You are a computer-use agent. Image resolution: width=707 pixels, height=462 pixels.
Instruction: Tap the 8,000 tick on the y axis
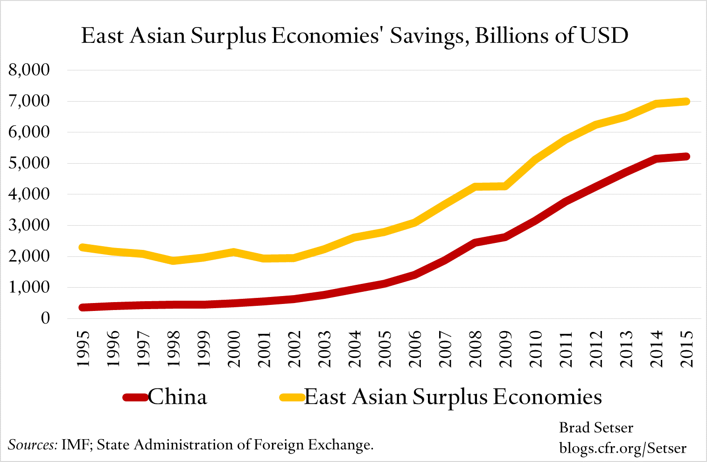pyautogui.click(x=29, y=70)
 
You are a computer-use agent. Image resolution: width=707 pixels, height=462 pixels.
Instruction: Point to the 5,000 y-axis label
pyautogui.click(x=29, y=163)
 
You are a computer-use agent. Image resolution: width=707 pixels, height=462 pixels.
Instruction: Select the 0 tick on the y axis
pyautogui.click(x=45, y=318)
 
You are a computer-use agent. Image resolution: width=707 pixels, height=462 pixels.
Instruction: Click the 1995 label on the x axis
pyautogui.click(x=84, y=349)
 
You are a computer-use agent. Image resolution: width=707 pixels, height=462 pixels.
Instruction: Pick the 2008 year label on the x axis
pyautogui.click(x=476, y=349)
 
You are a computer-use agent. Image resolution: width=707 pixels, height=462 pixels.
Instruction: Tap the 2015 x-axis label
pyautogui.click(x=686, y=349)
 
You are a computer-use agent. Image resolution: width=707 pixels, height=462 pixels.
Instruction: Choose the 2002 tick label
pyautogui.click(x=294, y=349)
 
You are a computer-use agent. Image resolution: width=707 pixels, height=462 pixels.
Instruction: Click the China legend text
pyautogui.click(x=177, y=397)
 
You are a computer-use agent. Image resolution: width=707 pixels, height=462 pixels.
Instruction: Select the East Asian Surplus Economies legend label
pyautogui.click(x=453, y=397)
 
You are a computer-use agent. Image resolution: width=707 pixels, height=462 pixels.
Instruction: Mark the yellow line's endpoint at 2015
pyautogui.click(x=686, y=101)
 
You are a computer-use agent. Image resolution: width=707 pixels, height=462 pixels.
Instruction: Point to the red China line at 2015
pyautogui.click(x=686, y=157)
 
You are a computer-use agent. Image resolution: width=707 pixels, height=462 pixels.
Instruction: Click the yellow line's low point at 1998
pyautogui.click(x=174, y=261)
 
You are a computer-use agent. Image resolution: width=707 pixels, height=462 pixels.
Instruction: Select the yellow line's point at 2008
pyautogui.click(x=476, y=187)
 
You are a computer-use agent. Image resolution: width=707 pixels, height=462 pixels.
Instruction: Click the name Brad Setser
pyautogui.click(x=596, y=428)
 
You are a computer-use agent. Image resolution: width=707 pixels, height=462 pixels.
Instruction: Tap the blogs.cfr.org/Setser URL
pyautogui.click(x=623, y=448)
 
